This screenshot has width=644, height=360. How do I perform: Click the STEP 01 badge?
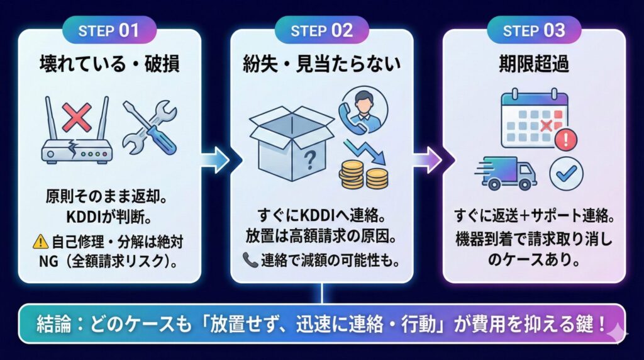[109, 31]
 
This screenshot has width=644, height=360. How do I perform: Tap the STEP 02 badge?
[321, 31]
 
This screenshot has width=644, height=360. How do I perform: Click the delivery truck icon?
[509, 174]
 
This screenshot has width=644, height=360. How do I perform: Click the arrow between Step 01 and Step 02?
[216, 160]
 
